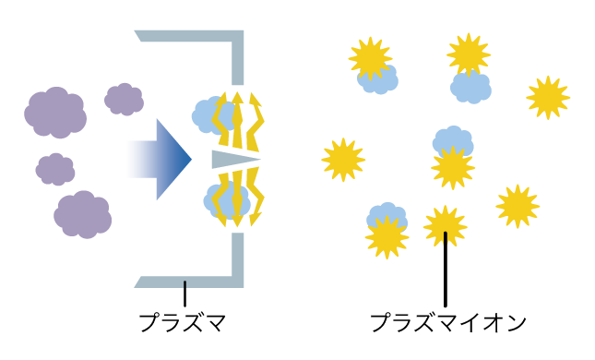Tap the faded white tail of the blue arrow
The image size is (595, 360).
tap(135, 159)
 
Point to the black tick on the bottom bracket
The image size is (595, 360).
tap(184, 284)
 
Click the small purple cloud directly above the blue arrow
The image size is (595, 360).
tap(124, 99)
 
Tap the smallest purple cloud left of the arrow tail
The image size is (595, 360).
tap(55, 169)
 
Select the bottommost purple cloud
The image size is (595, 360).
tap(82, 215)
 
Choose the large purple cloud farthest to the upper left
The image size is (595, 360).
tap(55, 113)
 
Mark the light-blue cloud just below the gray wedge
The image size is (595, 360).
tap(218, 200)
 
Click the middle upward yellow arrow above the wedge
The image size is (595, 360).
tap(238, 111)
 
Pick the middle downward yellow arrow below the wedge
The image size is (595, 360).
tap(238, 207)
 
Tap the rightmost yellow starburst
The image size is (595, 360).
tap(548, 98)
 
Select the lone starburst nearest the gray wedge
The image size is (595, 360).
tap(343, 160)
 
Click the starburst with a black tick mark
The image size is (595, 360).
tap(445, 227)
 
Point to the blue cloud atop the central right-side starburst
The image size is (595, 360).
tap(453, 141)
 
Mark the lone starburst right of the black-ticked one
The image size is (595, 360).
tap(518, 206)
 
